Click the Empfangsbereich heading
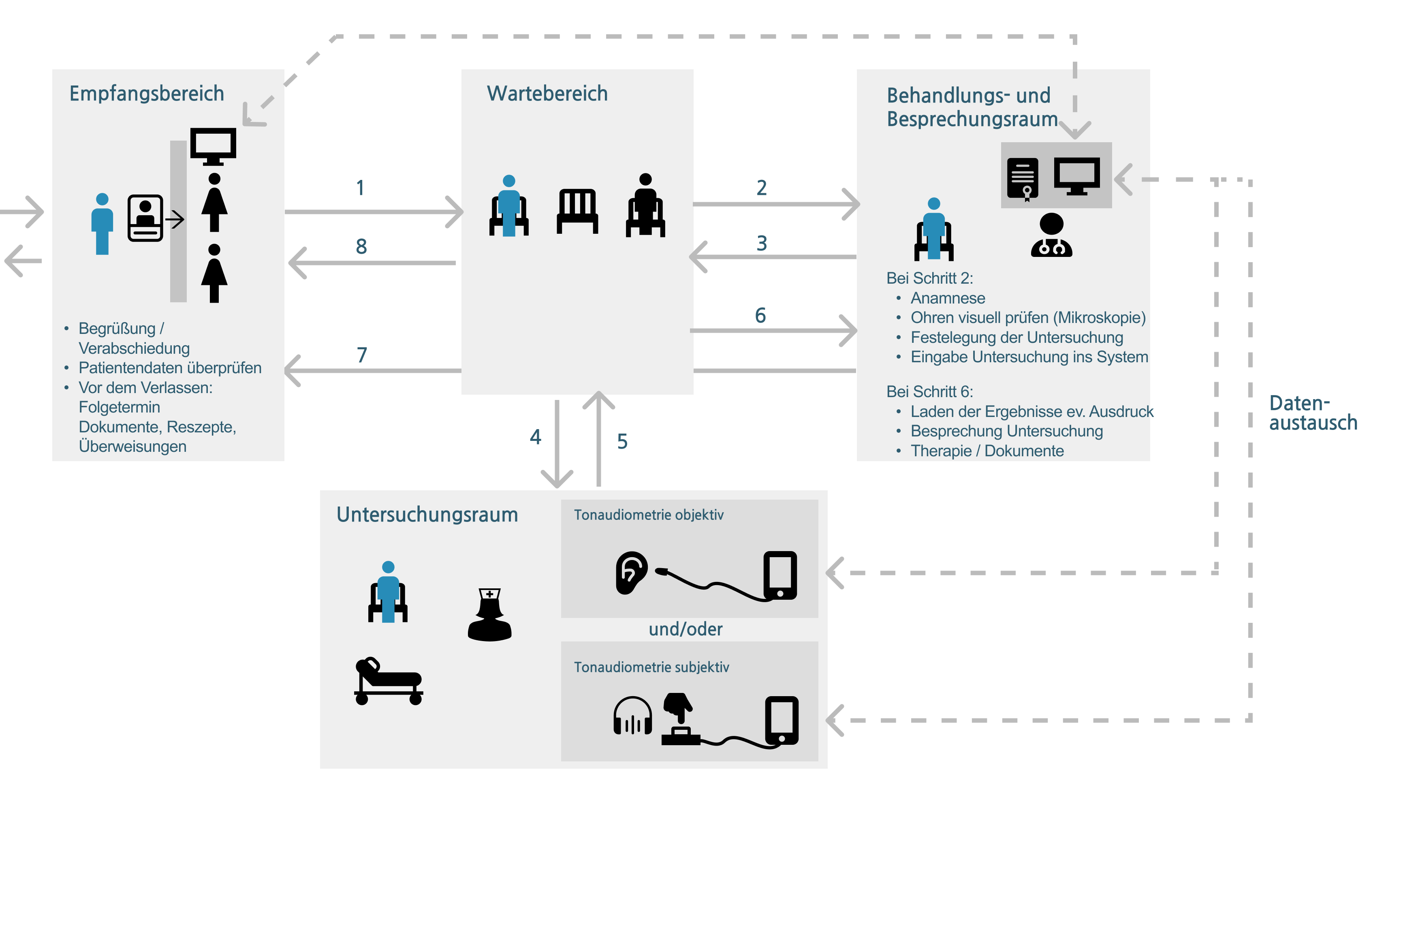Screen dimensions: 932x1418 tap(147, 94)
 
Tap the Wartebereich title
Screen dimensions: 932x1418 tap(547, 94)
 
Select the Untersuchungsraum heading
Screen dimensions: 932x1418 tap(427, 514)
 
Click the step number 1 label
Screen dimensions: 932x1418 tap(360, 188)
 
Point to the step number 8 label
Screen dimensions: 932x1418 tap(361, 246)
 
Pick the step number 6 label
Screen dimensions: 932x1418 tap(760, 315)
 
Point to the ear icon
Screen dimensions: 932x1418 tap(631, 573)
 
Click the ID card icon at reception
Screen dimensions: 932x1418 tap(145, 218)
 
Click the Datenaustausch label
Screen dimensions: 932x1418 tap(1313, 413)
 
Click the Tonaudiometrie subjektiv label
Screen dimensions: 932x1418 tap(651, 667)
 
